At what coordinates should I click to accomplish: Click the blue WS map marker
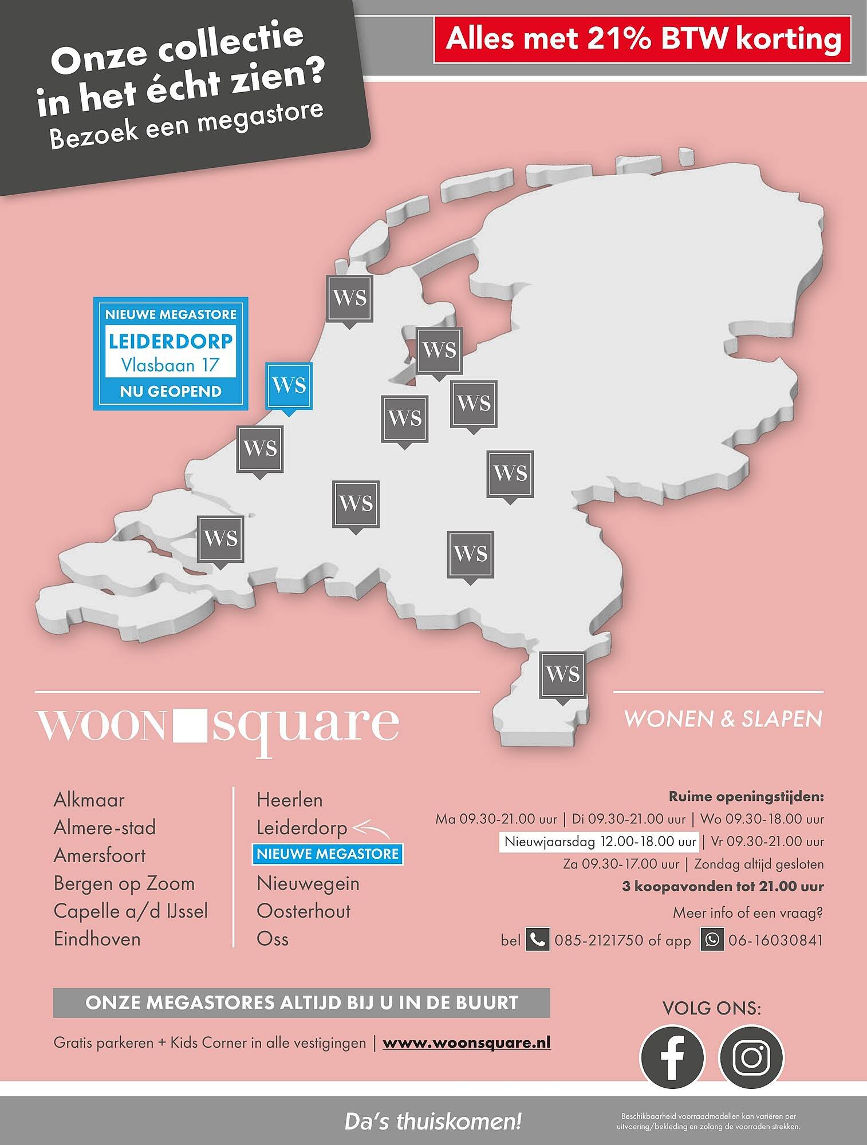[x=289, y=385]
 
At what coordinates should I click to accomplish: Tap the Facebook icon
[x=672, y=1057]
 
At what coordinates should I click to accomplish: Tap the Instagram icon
[x=751, y=1057]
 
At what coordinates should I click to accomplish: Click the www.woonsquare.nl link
[x=467, y=1043]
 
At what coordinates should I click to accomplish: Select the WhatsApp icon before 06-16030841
[x=712, y=940]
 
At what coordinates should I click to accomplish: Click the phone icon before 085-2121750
[x=537, y=940]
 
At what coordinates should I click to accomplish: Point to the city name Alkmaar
[x=89, y=800]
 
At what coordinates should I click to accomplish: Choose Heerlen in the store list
[x=289, y=800]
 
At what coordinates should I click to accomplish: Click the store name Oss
[x=273, y=939]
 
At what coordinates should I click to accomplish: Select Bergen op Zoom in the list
[x=124, y=883]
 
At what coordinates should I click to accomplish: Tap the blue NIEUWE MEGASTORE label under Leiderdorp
[x=328, y=854]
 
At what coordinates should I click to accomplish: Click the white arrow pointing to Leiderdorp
[x=371, y=828]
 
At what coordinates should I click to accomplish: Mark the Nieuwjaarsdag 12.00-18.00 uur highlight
[x=599, y=842]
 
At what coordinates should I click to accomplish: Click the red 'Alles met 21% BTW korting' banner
[x=643, y=39]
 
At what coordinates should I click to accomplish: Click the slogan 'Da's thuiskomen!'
[x=433, y=1122]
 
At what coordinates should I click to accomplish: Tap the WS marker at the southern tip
[x=563, y=674]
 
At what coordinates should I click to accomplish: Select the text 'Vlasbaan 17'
[x=171, y=365]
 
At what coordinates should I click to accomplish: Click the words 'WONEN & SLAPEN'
[x=723, y=719]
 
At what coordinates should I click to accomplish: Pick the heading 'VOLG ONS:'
[x=711, y=1008]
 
